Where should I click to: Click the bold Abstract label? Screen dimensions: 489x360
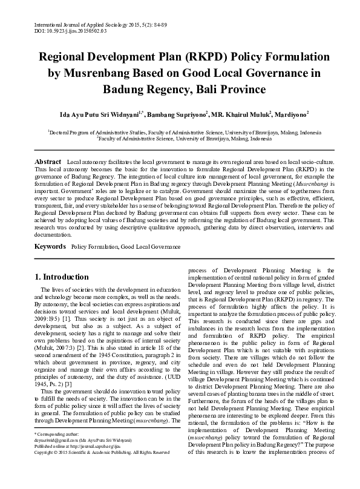pyautogui.click(x=48, y=163)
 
